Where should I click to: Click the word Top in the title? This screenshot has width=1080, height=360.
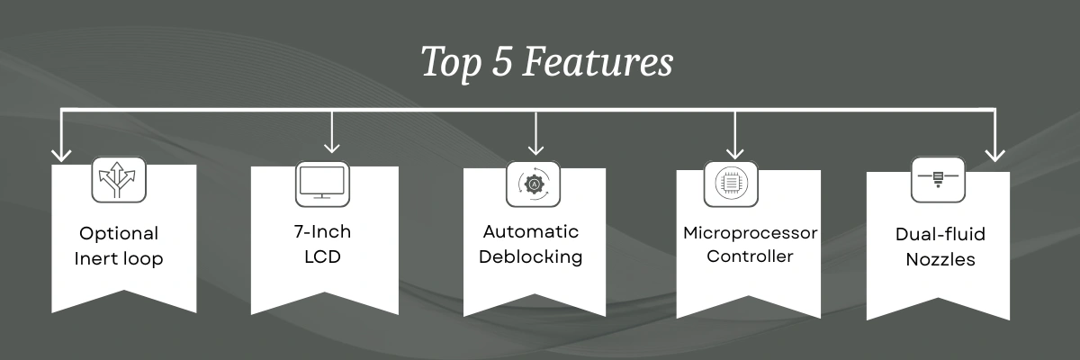(451, 63)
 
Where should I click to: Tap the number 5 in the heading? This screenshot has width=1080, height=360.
(501, 61)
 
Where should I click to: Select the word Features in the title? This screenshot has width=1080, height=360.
(598, 61)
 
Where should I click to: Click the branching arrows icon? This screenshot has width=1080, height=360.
(118, 179)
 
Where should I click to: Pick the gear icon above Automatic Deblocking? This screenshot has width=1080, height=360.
(533, 184)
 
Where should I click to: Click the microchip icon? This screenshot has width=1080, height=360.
(731, 184)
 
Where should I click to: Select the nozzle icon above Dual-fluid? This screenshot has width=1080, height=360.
(938, 179)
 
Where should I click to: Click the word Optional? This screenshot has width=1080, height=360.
(119, 234)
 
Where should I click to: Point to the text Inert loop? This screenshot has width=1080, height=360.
(119, 259)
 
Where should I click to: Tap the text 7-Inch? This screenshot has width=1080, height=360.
(322, 232)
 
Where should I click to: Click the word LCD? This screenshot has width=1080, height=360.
(322, 256)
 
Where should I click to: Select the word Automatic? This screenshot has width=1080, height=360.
(531, 232)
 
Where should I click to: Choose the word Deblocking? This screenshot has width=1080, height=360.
(531, 256)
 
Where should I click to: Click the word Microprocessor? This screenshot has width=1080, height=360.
(751, 233)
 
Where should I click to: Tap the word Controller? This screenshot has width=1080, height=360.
(750, 256)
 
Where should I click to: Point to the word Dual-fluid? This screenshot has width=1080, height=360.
(940, 234)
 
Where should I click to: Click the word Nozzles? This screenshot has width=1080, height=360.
(940, 260)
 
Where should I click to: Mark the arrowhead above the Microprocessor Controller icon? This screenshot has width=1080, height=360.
(734, 152)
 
